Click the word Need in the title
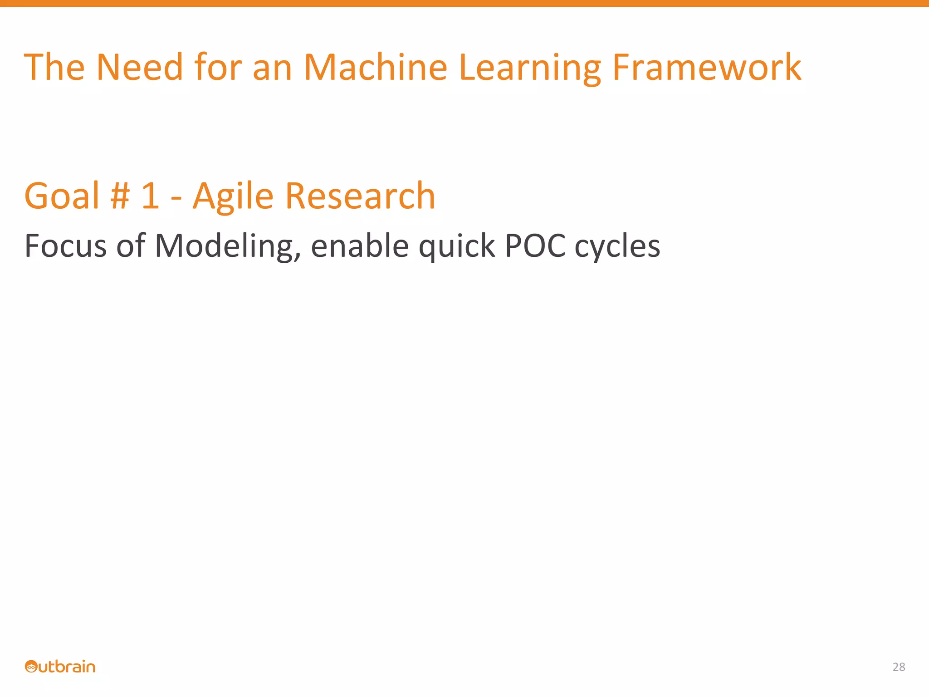point(140,68)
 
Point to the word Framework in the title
point(707,68)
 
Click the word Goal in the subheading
point(62,196)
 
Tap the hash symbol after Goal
point(120,196)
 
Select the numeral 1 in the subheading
point(150,196)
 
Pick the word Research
point(360,196)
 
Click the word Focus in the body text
point(65,246)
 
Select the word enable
point(360,246)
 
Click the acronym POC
point(535,246)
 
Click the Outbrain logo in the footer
point(60,667)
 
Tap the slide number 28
point(899,667)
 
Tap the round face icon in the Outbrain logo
point(31,667)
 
